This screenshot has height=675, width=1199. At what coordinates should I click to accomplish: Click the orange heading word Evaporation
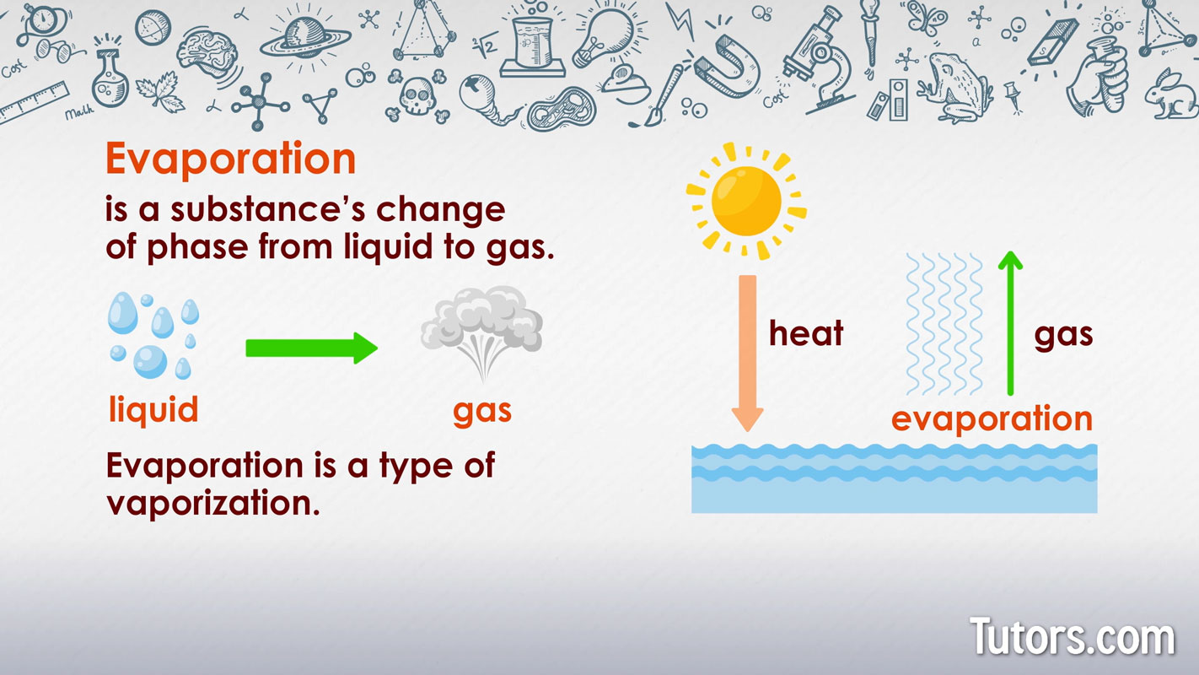click(230, 159)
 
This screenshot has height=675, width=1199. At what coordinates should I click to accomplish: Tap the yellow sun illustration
click(746, 201)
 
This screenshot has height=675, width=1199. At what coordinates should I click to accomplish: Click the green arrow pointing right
click(311, 348)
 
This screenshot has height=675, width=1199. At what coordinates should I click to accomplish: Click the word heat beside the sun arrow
click(805, 334)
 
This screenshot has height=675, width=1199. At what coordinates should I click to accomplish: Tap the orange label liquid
click(153, 410)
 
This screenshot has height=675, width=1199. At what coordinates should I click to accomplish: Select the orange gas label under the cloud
click(482, 411)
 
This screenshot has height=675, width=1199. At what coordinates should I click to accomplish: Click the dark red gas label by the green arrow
click(1063, 335)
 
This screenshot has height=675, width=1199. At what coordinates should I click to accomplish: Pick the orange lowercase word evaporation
click(992, 418)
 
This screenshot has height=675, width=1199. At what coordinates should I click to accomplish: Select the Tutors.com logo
click(1072, 637)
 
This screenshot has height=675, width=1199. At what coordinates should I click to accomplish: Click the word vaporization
click(213, 503)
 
